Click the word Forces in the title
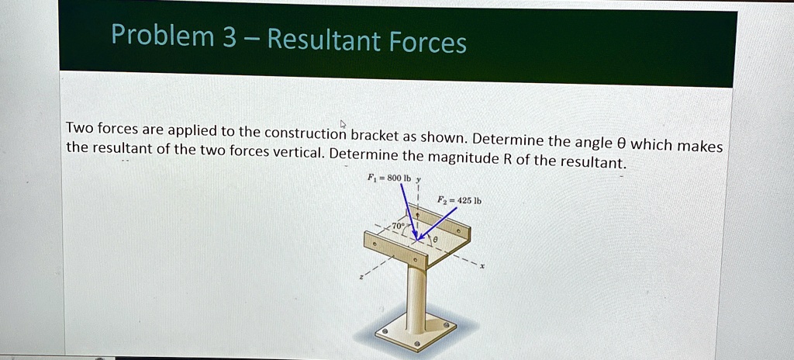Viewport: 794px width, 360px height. pyautogui.click(x=428, y=41)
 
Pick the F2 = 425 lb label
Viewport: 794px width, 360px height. pyautogui.click(x=459, y=200)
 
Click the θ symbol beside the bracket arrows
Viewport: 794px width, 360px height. pyautogui.click(x=435, y=241)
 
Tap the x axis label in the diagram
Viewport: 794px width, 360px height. pyautogui.click(x=482, y=265)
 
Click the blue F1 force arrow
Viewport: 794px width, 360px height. pyautogui.click(x=408, y=209)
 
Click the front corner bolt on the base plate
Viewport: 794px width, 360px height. pyautogui.click(x=416, y=342)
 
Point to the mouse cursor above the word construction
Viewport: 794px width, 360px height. pyautogui.click(x=342, y=123)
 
